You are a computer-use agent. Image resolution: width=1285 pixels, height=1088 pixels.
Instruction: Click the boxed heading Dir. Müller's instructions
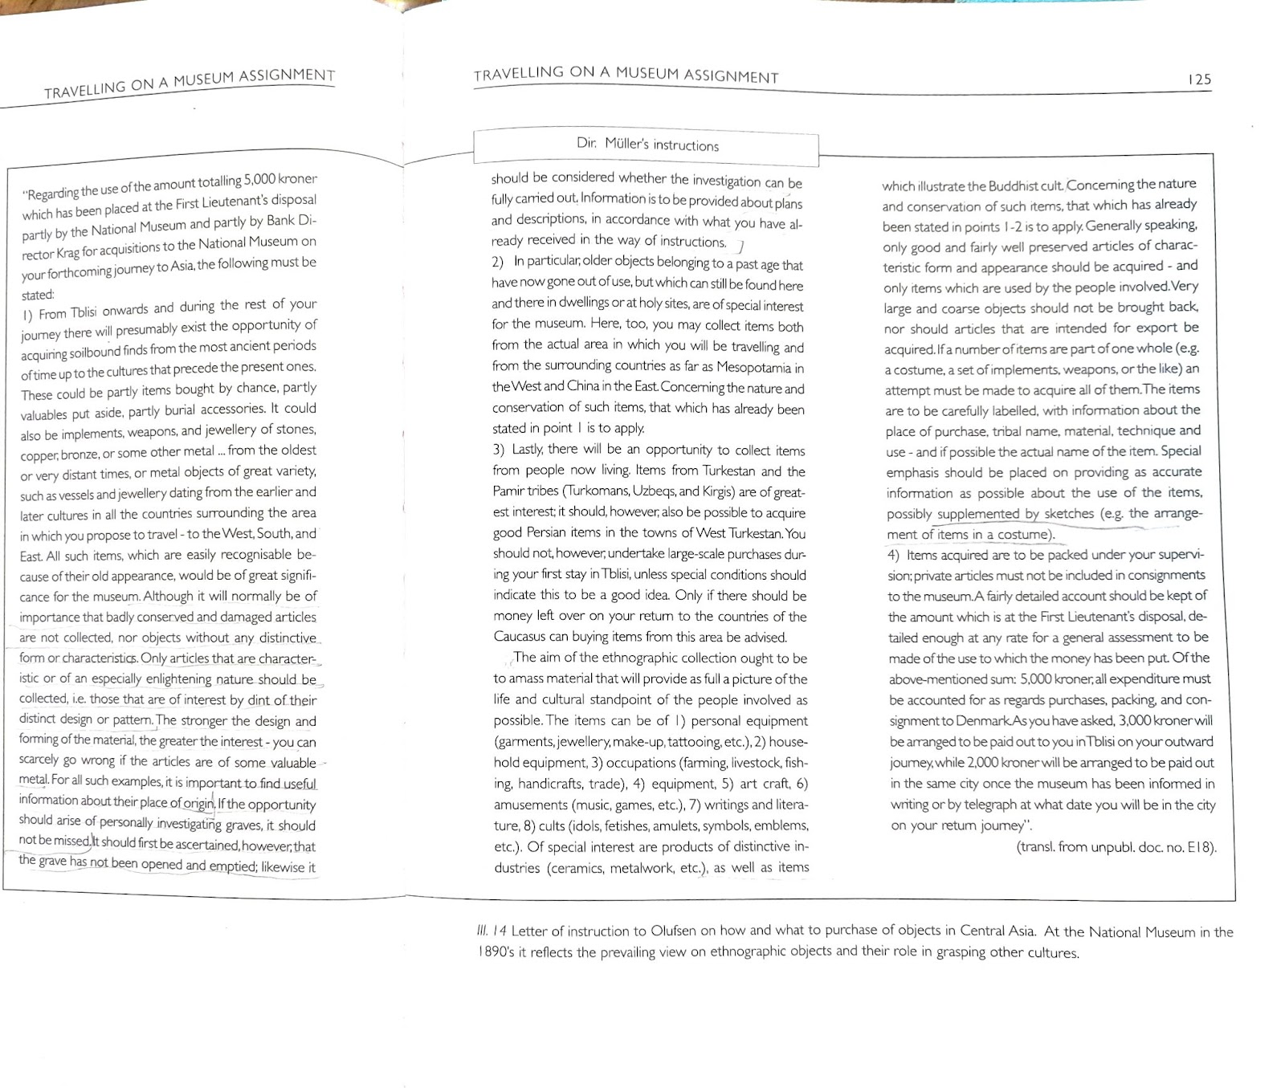[x=647, y=145]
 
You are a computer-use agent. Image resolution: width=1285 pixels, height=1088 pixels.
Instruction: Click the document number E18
[x=1199, y=846]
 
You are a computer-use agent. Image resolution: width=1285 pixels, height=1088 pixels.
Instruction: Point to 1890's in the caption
[x=496, y=952]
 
